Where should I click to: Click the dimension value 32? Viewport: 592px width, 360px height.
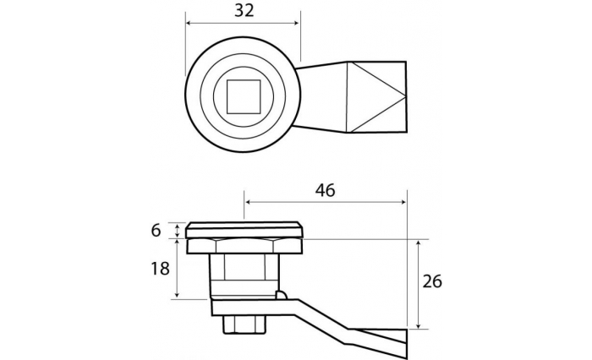244,11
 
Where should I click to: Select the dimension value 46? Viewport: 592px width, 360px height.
325,191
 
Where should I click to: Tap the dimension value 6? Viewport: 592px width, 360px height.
156,230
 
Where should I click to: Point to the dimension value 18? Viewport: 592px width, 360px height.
160,269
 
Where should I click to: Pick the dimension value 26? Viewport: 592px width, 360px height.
432,281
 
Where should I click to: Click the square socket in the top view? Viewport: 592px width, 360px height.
244,96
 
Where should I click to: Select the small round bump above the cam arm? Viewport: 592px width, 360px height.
282,295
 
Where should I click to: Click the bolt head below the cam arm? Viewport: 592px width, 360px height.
244,325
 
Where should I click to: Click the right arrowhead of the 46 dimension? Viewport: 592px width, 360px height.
403,202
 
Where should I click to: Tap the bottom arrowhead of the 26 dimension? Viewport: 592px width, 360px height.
418,325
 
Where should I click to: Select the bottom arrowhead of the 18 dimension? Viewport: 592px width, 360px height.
177,294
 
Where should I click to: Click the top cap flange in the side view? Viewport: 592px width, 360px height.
244,230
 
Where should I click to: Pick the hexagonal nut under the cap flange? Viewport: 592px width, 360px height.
244,246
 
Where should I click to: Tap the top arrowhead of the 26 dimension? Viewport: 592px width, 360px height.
418,243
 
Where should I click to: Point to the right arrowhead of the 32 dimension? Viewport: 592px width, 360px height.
296,23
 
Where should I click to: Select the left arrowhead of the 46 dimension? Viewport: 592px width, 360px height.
249,202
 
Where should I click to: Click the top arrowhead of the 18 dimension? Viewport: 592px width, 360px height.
177,243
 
